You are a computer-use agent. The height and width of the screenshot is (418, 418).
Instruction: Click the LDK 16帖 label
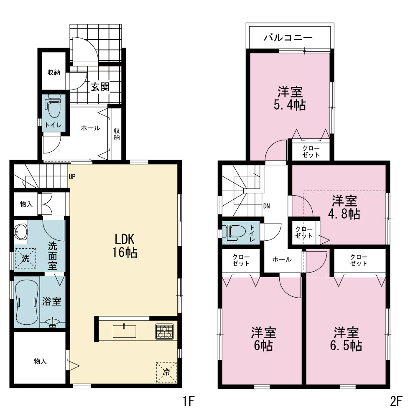tap(125, 246)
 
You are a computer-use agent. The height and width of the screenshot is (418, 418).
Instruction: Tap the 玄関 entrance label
tap(100, 87)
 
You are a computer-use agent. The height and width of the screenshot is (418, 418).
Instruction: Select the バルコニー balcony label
tap(288, 37)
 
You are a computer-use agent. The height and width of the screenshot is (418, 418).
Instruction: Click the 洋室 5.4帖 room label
tap(290, 98)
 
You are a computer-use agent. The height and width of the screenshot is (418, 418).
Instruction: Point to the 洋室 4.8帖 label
tap(344, 207)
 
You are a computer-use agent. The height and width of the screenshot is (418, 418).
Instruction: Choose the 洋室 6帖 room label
tap(263, 339)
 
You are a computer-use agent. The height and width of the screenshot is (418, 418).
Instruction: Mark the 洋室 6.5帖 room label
tap(346, 339)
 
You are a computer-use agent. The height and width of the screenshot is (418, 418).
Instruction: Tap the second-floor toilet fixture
tap(234, 231)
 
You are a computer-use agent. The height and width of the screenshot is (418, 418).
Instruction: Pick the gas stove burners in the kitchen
tap(164, 331)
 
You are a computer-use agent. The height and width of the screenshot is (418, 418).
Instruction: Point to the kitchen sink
tap(125, 331)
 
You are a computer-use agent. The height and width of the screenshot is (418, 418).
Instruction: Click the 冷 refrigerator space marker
tap(166, 372)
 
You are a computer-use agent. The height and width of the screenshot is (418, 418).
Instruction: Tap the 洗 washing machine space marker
tap(25, 258)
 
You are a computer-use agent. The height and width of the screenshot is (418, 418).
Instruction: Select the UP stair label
tap(72, 177)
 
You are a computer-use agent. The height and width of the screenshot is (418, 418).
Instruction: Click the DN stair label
tap(266, 206)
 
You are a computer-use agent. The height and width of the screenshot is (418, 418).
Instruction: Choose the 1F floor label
tap(189, 401)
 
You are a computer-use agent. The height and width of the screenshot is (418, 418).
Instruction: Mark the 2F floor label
tap(396, 401)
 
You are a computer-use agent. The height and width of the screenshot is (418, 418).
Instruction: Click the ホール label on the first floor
tap(90, 128)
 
